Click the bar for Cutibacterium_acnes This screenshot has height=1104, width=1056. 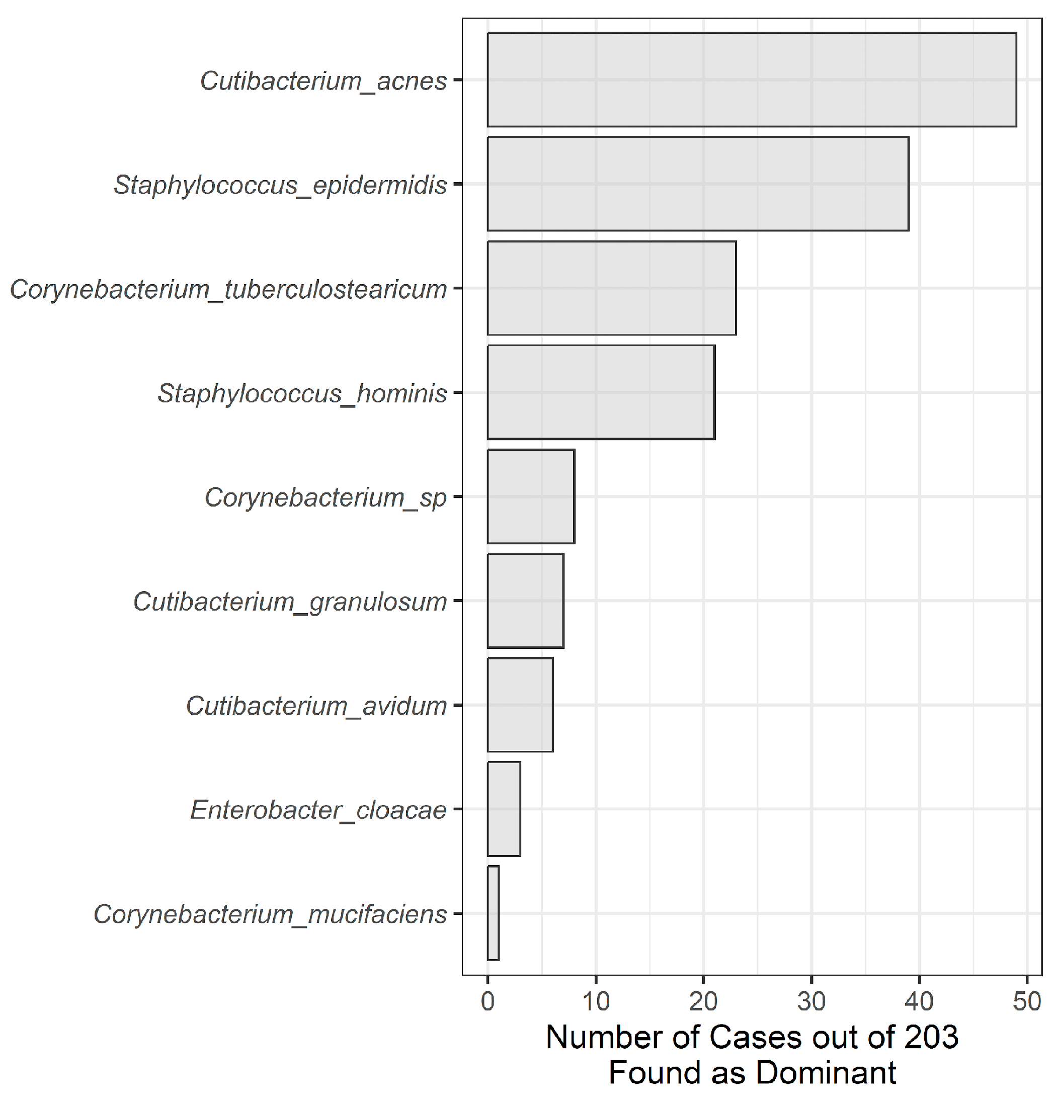(752, 79)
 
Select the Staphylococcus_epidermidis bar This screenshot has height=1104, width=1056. (697, 184)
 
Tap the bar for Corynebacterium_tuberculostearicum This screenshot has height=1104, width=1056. (611, 288)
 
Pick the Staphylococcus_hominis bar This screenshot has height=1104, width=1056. (601, 392)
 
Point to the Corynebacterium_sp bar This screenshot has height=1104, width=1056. (531, 496)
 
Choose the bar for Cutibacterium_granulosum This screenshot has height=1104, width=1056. (525, 601)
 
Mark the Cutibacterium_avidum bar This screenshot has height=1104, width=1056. (520, 705)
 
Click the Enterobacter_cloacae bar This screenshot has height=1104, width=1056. (504, 809)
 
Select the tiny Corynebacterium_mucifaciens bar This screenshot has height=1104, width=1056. (493, 913)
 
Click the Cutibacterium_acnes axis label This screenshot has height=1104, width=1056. (323, 81)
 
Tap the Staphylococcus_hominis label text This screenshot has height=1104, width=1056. (302, 393)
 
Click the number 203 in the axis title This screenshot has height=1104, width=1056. (931, 1037)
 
